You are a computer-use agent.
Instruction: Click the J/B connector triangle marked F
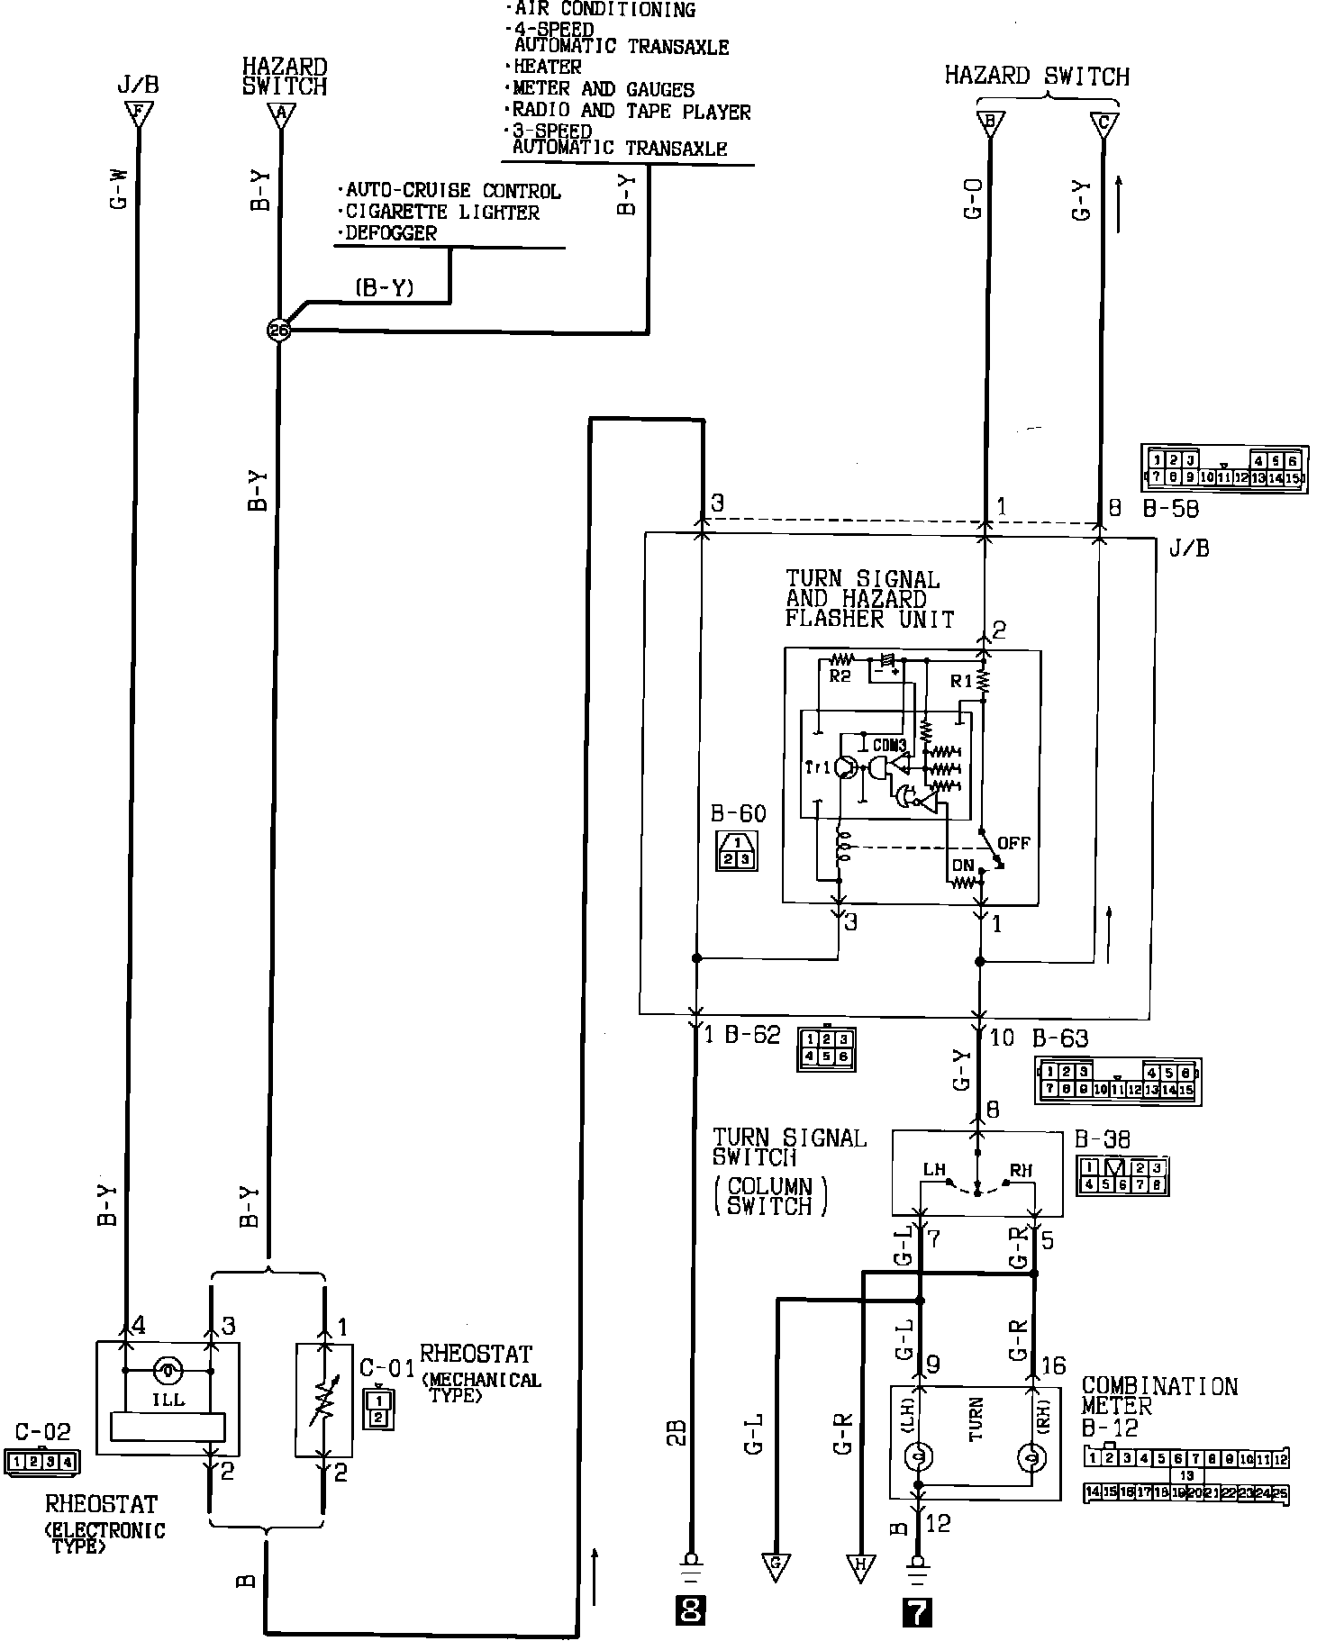pos(138,114)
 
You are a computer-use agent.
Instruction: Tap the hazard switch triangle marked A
pos(280,114)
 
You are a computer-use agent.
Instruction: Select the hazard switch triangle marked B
pos(990,123)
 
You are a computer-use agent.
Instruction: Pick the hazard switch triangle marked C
pos(1104,123)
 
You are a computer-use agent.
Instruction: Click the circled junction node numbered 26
pos(279,331)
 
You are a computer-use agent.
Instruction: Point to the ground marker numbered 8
pos(691,1609)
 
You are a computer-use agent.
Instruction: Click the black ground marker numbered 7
pos(917,1609)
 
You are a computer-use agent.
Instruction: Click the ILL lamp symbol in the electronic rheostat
pos(168,1372)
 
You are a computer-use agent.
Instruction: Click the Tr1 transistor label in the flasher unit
pos(818,767)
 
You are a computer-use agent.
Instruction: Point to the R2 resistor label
pos(840,675)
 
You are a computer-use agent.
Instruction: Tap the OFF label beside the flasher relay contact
pos(1013,843)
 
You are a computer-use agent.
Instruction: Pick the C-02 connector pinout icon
pos(41,1461)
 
